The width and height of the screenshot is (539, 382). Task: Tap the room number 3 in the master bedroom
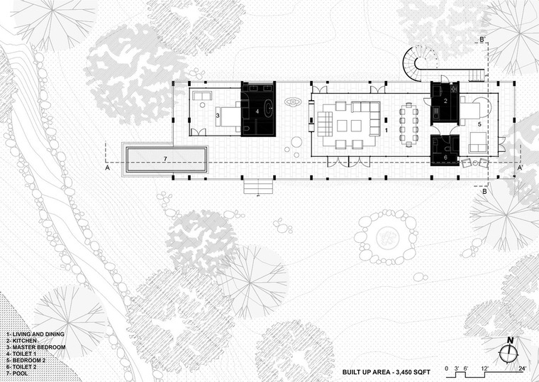pyautogui.click(x=218, y=116)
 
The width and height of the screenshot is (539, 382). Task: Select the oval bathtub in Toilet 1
pyautogui.click(x=269, y=108)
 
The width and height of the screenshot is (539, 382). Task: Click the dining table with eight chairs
pyautogui.click(x=409, y=124)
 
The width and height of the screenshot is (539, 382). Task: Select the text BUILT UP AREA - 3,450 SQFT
pyautogui.click(x=387, y=372)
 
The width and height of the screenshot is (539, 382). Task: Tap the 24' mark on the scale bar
pyautogui.click(x=523, y=369)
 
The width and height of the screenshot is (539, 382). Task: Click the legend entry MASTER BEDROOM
pyautogui.click(x=35, y=347)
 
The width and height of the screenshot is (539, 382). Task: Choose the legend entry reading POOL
pyautogui.click(x=22, y=373)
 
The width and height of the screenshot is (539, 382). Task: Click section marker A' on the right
pyautogui.click(x=521, y=168)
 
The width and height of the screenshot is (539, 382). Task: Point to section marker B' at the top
pyautogui.click(x=482, y=39)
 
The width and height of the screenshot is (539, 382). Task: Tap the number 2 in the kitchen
pyautogui.click(x=445, y=101)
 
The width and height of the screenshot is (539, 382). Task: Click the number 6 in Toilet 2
pyautogui.click(x=445, y=157)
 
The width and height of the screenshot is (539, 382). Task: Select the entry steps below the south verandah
pyautogui.click(x=258, y=186)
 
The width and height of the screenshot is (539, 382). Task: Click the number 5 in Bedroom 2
pyautogui.click(x=479, y=124)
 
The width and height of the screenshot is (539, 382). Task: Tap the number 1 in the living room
pyautogui.click(x=387, y=131)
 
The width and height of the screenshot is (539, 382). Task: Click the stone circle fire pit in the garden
pyautogui.click(x=386, y=237)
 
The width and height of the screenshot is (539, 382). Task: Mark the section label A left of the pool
pyautogui.click(x=108, y=168)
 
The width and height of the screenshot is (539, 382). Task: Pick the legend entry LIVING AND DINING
pyautogui.click(x=35, y=334)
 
